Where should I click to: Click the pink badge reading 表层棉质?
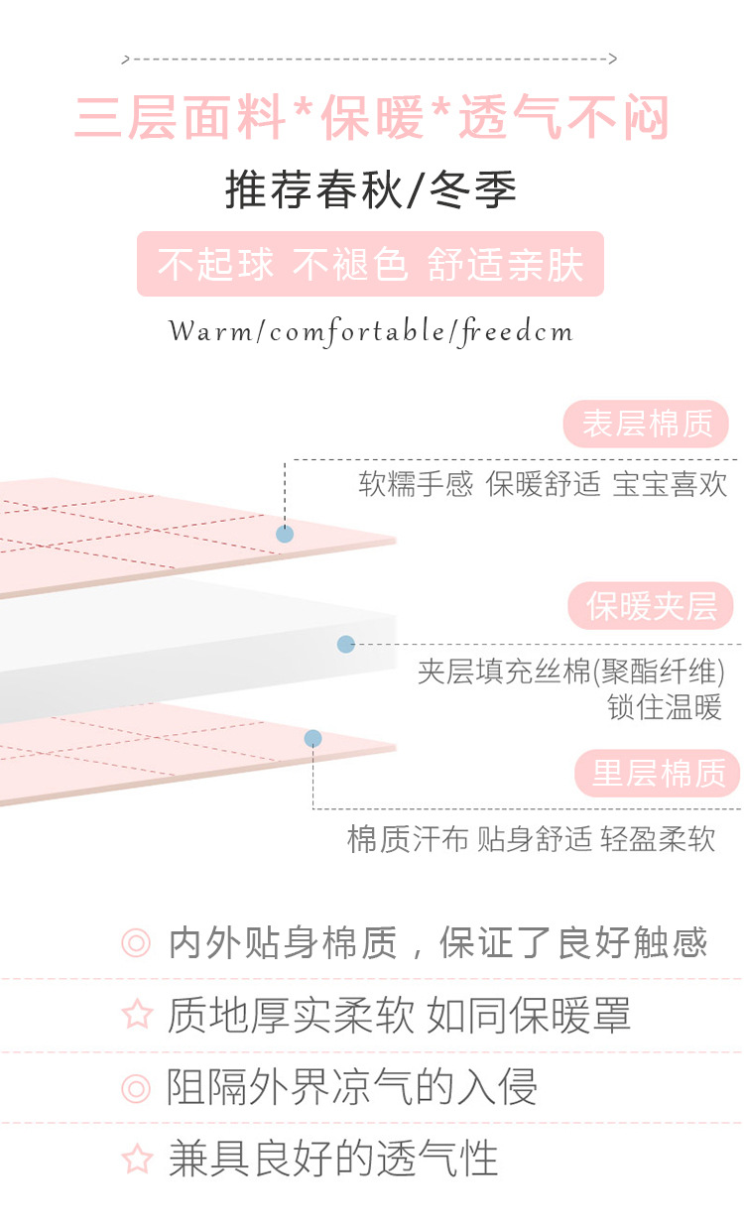click(x=647, y=425)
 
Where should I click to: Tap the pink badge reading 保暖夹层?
click(x=651, y=606)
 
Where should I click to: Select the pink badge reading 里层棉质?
click(x=659, y=774)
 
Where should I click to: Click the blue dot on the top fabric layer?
click(x=285, y=534)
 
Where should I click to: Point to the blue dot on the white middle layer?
click(x=345, y=644)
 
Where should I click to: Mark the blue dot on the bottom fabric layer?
click(x=312, y=738)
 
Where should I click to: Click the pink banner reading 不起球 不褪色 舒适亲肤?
click(x=370, y=265)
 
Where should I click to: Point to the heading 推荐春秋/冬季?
click(x=371, y=190)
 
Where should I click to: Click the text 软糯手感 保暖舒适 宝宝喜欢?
click(x=543, y=484)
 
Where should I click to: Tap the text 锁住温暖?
click(x=665, y=707)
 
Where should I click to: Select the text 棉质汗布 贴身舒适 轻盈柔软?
click(x=531, y=839)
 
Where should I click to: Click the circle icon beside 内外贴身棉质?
click(x=136, y=942)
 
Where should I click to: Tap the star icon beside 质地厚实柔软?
click(x=136, y=1015)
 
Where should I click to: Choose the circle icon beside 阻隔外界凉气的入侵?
click(x=136, y=1088)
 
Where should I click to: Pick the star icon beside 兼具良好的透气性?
click(x=136, y=1159)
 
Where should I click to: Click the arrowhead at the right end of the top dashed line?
click(x=613, y=60)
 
